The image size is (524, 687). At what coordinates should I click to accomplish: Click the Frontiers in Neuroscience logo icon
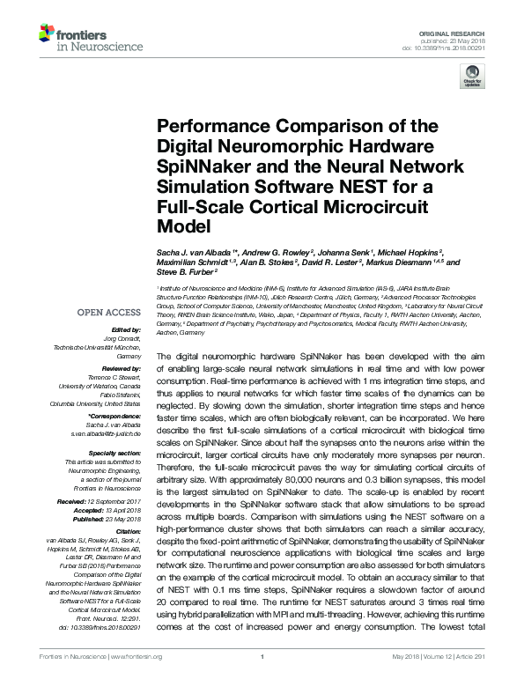coord(46,34)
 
